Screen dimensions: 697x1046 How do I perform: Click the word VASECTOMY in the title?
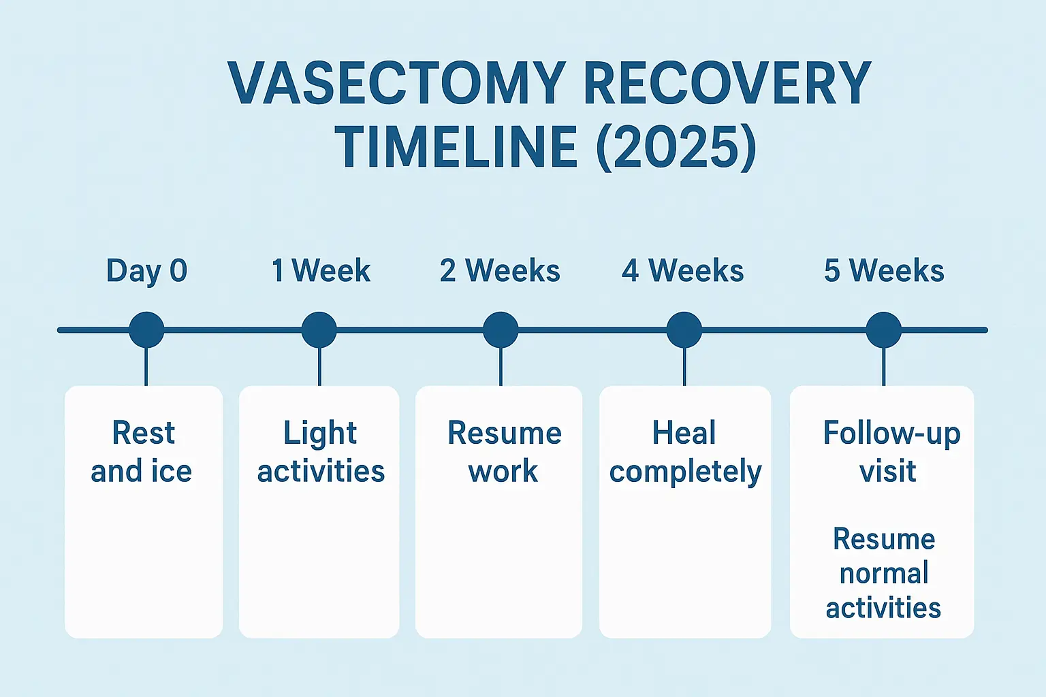coord(397,84)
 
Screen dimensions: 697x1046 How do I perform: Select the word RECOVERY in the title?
coord(727,84)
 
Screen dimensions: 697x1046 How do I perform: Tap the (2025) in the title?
coord(676,147)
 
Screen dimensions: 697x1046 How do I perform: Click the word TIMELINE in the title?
coord(456,147)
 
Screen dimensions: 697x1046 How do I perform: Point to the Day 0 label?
coord(146,271)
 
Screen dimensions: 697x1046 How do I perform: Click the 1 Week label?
coord(320,271)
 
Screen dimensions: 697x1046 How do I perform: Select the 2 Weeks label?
coord(500,271)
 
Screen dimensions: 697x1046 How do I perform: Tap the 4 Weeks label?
coord(682,271)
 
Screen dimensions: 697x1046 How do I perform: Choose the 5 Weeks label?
coord(883,271)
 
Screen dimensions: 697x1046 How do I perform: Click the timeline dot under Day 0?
coord(146,330)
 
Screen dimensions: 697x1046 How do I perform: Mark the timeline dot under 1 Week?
coord(319,330)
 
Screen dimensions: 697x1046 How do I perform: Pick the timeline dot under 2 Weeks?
coord(501,330)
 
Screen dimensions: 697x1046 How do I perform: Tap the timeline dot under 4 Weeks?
coord(684,330)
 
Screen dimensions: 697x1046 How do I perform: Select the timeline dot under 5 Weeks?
coord(883,330)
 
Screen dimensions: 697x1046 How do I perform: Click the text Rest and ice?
coord(142,452)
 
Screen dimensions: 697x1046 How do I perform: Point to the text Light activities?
coord(321,452)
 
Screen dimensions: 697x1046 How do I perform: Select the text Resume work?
coord(504,452)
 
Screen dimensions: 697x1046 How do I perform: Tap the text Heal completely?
coord(685,452)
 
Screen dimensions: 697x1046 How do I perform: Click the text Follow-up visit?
coord(890,452)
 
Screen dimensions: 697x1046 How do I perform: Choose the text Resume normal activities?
coord(883,574)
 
